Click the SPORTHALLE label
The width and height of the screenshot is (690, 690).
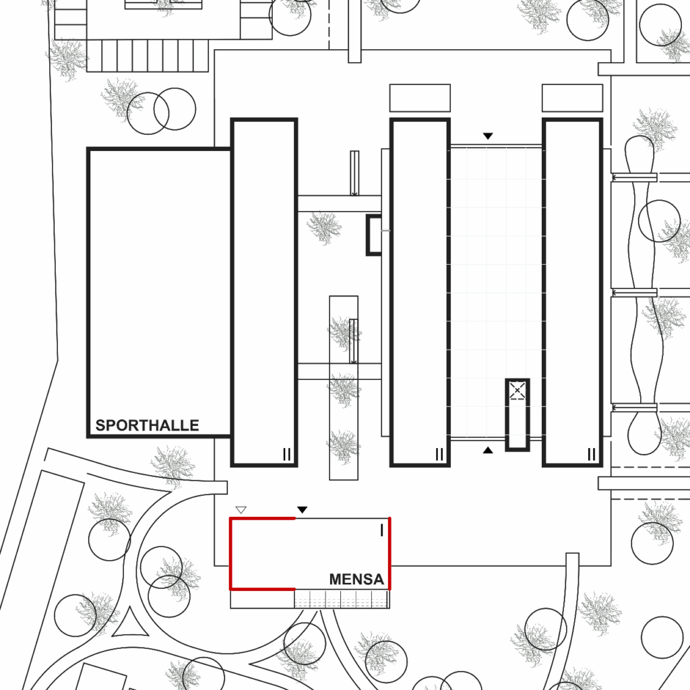tap(147, 425)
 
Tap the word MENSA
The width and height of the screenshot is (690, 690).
tap(356, 579)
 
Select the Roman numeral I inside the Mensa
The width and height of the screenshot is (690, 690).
tap(382, 530)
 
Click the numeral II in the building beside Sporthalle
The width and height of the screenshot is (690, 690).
tap(287, 455)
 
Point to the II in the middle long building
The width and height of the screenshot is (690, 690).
tap(439, 455)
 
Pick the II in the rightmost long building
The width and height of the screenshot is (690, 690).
tap(592, 455)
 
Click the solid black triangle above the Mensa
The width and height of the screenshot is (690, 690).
tap(303, 510)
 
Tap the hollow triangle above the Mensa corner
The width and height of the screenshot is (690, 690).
tap(241, 510)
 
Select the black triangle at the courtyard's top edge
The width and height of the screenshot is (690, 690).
tap(488, 136)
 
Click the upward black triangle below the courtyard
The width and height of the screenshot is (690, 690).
tap(488, 449)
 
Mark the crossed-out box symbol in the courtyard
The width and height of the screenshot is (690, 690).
tap(517, 390)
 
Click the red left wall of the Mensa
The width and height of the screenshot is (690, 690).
tap(231, 554)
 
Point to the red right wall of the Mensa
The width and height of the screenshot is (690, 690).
tap(389, 554)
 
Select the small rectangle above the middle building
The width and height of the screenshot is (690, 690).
tap(420, 98)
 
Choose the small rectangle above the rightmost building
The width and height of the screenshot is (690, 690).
tap(572, 98)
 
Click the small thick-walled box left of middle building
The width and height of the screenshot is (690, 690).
tap(373, 235)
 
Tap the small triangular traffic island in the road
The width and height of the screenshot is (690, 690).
tap(131, 624)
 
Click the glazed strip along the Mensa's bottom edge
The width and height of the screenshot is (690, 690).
tap(342, 599)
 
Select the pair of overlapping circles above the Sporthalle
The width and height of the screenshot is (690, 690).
tap(161, 109)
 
